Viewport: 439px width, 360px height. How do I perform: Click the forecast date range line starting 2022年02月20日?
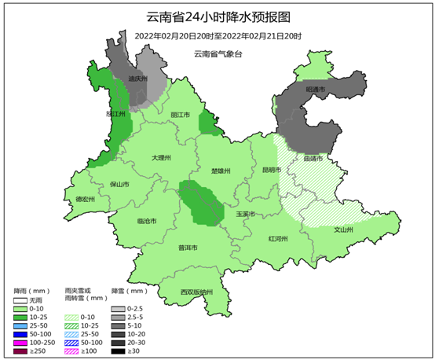coord(218,36)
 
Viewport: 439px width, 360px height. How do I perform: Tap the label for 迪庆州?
coord(137,79)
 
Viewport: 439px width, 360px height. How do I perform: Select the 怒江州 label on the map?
coord(115,114)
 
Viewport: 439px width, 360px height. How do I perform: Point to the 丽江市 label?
coord(181,114)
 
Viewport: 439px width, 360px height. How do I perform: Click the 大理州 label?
coord(161,157)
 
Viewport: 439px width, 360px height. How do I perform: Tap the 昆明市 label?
coord(272,169)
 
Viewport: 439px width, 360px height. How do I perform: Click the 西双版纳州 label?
coord(196,292)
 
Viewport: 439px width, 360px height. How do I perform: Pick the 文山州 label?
coord(344,230)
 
